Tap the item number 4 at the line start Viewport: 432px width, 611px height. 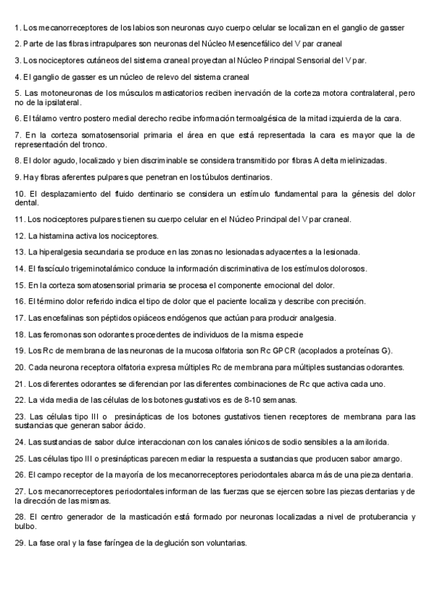[x=17, y=76]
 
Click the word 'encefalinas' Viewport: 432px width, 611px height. [x=64, y=318]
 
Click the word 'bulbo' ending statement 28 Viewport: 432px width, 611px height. [x=26, y=527]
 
